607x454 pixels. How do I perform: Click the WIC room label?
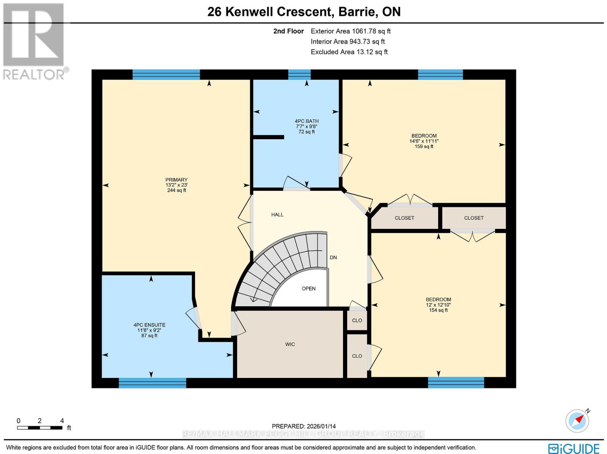(290, 344)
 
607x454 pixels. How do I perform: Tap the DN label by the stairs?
(333, 257)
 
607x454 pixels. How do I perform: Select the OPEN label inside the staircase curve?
(308, 288)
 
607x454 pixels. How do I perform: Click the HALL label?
(277, 214)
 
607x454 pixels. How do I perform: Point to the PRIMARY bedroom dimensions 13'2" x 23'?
(176, 185)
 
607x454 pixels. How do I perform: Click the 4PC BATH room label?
(307, 121)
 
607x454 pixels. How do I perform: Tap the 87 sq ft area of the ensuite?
(149, 335)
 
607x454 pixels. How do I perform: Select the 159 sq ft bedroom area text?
(424, 146)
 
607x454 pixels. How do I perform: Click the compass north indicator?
(577, 420)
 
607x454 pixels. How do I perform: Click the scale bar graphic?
(39, 428)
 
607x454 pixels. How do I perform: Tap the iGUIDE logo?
(574, 448)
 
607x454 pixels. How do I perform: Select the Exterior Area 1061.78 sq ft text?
(351, 31)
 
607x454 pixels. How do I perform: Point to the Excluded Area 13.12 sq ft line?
(349, 52)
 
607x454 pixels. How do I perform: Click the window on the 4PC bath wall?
(299, 74)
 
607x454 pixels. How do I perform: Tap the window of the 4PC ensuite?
(153, 383)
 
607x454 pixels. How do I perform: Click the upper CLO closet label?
(357, 320)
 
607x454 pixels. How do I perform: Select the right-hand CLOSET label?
(474, 218)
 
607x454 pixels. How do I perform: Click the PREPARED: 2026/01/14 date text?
(303, 426)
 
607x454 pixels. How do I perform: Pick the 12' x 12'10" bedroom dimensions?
(438, 305)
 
